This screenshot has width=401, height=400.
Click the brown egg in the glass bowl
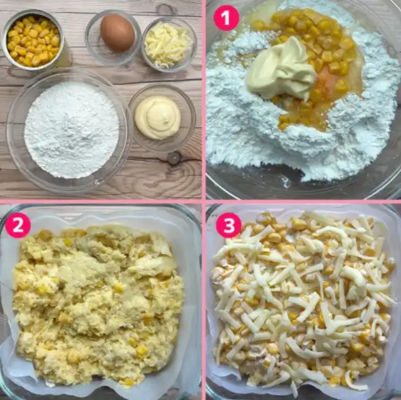[117, 33]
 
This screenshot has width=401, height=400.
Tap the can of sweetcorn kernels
[33, 39]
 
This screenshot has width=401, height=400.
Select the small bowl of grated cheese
[169, 45]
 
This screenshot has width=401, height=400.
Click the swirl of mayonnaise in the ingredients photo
[158, 118]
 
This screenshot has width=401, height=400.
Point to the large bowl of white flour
[68, 130]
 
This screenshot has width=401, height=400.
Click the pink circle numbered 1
[226, 18]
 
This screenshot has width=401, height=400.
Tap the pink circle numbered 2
[18, 225]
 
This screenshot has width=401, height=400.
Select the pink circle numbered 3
[229, 225]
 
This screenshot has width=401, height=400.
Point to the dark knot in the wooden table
[174, 158]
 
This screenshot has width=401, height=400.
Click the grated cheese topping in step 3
[302, 299]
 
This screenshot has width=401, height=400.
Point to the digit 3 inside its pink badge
[229, 225]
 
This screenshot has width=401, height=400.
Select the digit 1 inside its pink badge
[226, 18]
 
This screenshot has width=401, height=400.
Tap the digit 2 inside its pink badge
[18, 225]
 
